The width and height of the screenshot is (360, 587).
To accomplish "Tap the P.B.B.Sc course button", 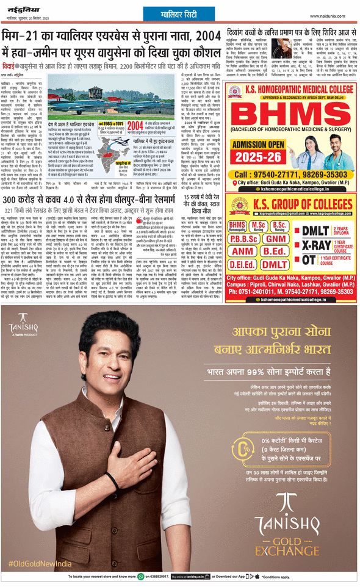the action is (243, 240).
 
